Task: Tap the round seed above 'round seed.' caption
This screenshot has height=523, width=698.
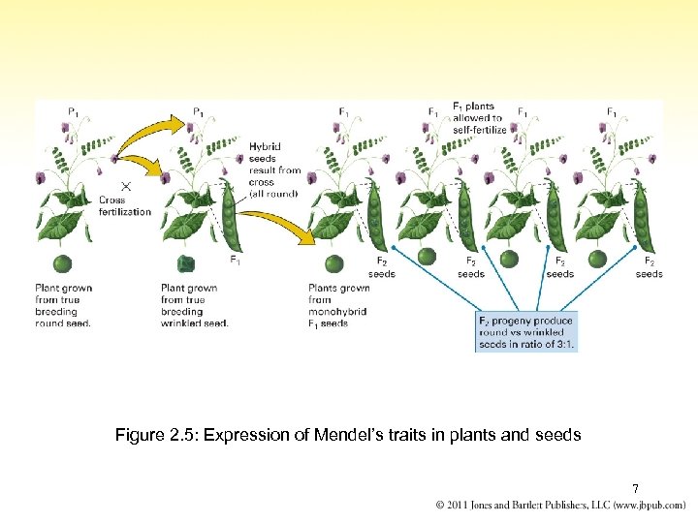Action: tap(63, 263)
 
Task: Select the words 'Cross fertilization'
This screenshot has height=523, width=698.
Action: tap(125, 205)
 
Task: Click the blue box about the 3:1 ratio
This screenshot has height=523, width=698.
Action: tap(526, 332)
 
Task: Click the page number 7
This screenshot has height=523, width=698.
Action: tap(635, 488)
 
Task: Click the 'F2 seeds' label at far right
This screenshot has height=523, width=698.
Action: tap(649, 267)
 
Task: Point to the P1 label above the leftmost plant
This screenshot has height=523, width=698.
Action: tap(74, 111)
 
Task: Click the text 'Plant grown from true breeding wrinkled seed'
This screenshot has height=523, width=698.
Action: tap(194, 305)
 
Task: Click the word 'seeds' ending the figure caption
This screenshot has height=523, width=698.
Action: tap(559, 436)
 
